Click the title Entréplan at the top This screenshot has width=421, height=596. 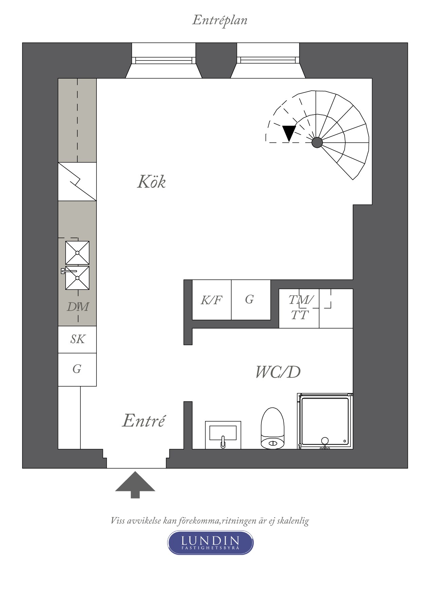220,20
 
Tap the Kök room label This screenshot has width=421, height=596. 151,182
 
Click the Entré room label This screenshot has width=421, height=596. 144,421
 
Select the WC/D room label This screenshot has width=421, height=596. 278,372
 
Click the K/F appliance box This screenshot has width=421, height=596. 212,300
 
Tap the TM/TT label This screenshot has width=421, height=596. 299,308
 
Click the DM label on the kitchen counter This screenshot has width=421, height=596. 78,307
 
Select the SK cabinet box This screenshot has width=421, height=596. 77,339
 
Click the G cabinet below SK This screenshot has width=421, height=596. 77,369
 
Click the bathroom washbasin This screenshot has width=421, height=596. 223,435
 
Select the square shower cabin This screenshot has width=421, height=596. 325,421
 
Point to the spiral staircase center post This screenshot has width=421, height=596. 317,142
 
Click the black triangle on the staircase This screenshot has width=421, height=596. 289,132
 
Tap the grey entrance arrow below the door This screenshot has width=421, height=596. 135,485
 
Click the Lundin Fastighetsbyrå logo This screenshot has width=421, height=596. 210,543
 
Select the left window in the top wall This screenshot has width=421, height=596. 164,60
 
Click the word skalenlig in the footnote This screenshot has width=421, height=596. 293,521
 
